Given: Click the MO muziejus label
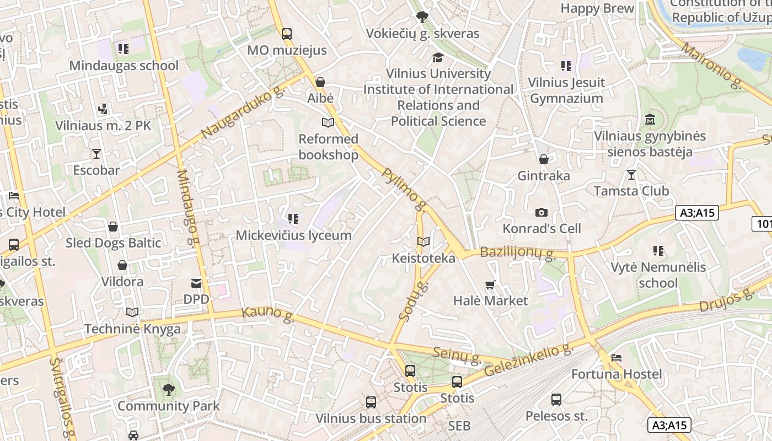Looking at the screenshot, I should pos(287,50).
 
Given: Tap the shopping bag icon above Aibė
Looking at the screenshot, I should pos(320,82).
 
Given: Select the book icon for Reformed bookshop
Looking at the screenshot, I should pos(328,122).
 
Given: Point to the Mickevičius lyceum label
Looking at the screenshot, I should pos(293,235).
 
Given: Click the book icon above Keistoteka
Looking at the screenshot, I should pos(423,241).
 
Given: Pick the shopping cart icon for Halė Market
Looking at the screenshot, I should pos(490,284).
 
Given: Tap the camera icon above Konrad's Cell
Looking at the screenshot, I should pos(542,212).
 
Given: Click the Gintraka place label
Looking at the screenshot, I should pos(543,176).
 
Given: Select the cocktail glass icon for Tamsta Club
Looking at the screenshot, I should pos(631,175).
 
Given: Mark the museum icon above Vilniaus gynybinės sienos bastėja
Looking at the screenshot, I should pos(650,119).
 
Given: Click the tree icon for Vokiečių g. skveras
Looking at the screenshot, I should pos(423,17).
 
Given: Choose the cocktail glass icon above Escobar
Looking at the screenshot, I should pos(96,153).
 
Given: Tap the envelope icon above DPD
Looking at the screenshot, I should pos(196,283).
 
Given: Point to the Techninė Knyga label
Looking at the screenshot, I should pos(132,329).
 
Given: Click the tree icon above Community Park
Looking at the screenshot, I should pos(168,390).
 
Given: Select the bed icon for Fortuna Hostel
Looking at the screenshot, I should pos(616,358).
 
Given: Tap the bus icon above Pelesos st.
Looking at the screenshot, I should pos(556,399).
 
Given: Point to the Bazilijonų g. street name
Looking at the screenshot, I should pos(517,253).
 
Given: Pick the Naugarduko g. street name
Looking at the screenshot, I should pos(242,115).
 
